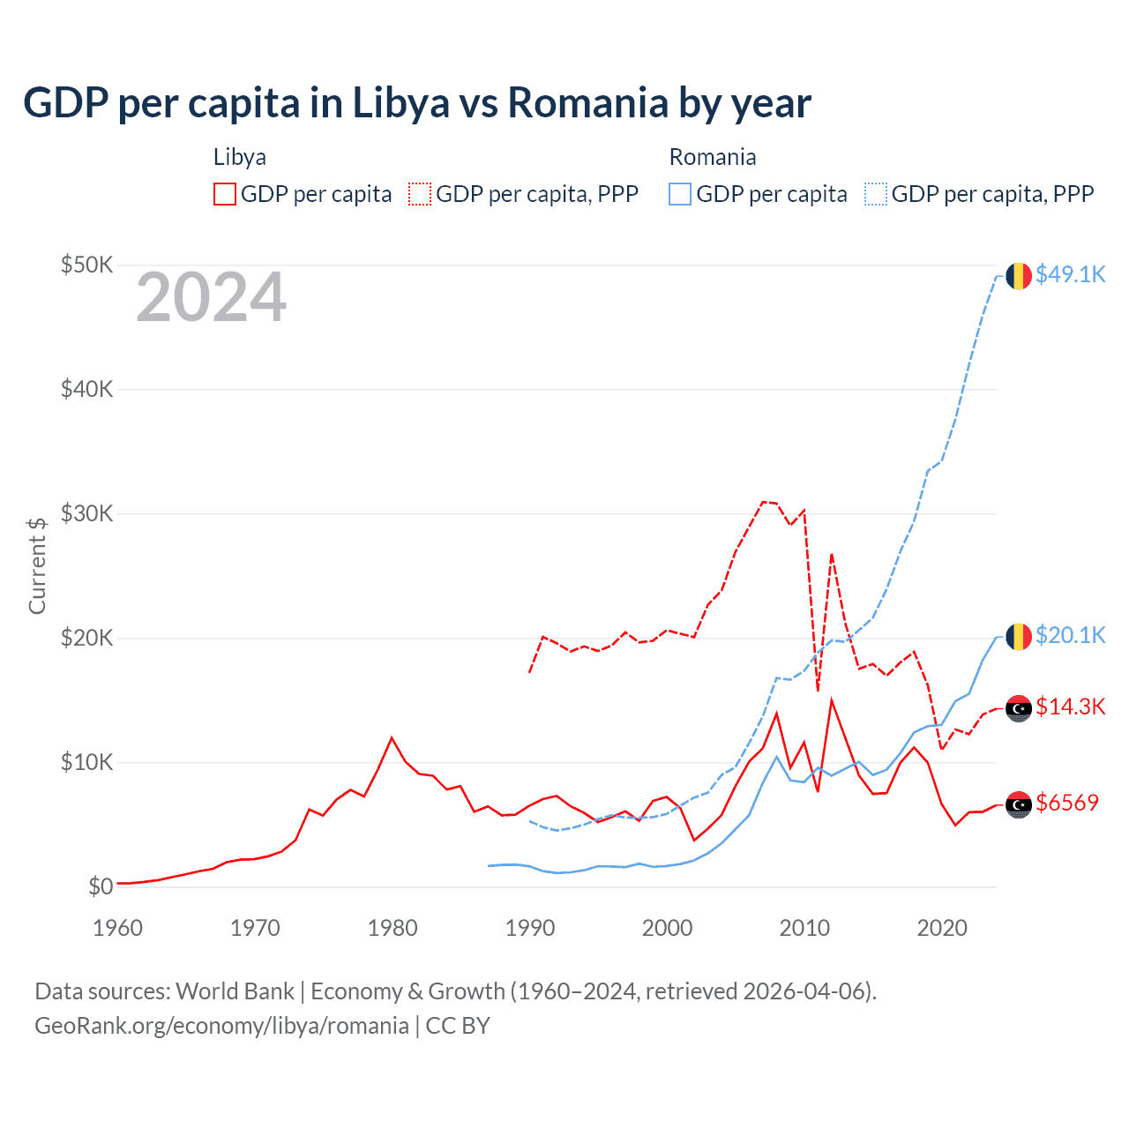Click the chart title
pos(416,103)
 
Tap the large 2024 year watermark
pos(211,297)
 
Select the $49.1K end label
pos(1070,274)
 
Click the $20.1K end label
pos(1070,635)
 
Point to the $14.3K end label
pos(1070,707)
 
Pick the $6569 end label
pos(1067,803)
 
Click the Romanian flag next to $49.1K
pos(1019,275)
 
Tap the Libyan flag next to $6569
pos(1019,804)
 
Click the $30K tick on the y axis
pos(86,513)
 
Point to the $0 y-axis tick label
pos(101,886)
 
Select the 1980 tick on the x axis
pos(393,928)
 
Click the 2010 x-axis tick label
pos(804,928)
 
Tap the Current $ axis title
pos(37,565)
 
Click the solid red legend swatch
pos(225,194)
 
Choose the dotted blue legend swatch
pos(876,194)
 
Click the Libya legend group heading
pos(240,157)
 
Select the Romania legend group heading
pos(713,157)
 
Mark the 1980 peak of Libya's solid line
pos(392,738)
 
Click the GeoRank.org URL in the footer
pos(221,1026)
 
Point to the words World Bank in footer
pos(235,991)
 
